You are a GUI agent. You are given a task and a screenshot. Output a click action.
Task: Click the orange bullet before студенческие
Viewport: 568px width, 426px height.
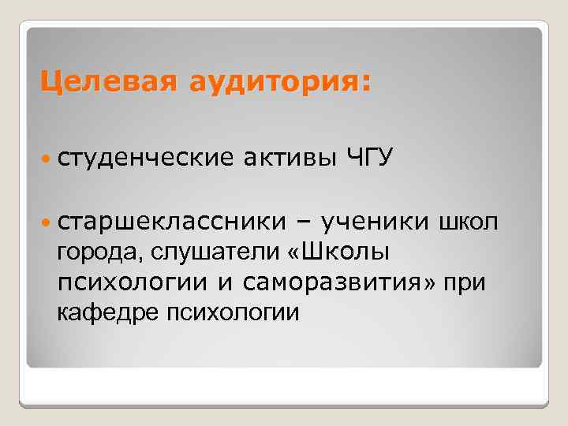coord(47,158)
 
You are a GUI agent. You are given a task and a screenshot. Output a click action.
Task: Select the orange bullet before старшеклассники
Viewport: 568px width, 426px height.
coord(47,223)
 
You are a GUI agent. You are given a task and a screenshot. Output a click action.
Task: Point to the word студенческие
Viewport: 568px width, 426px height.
coord(146,158)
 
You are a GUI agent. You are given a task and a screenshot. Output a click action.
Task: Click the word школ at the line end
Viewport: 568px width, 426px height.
coord(469,223)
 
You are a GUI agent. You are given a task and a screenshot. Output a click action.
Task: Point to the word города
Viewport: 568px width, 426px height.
coord(92,253)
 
